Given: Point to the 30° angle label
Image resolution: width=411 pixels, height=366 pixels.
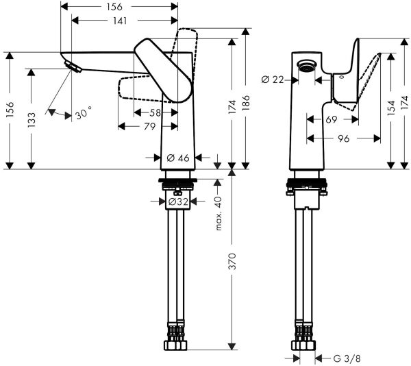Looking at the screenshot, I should tap(83, 114).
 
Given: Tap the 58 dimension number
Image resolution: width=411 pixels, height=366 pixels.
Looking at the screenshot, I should tap(155, 112).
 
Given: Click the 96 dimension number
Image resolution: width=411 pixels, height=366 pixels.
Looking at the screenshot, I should tap(344, 137).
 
